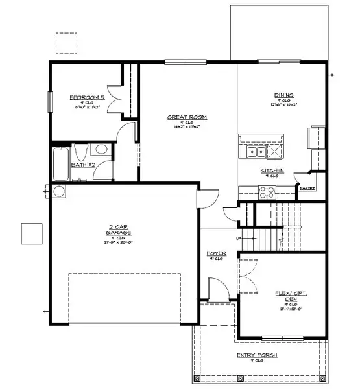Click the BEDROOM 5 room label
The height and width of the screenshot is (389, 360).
87,97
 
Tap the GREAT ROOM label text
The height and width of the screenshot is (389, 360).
187,117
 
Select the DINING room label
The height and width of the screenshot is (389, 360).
283,95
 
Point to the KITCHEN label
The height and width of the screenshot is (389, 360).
272,170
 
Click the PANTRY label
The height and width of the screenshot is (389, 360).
307,188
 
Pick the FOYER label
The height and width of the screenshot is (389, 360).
215,253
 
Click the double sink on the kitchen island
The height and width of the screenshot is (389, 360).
254,152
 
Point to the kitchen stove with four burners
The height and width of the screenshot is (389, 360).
267,192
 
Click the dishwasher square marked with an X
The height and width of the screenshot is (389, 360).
275,152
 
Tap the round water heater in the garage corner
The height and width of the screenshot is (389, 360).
58,191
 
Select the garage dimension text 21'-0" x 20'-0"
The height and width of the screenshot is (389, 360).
117,242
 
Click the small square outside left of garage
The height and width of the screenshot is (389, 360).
30,233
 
